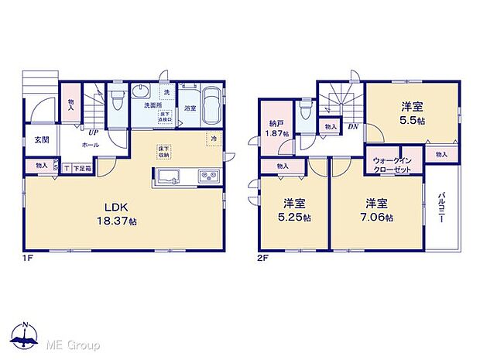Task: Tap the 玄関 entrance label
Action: (41, 140)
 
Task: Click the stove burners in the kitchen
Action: (209, 177)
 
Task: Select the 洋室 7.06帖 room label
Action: (377, 211)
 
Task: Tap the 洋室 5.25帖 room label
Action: (293, 211)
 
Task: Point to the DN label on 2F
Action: (351, 126)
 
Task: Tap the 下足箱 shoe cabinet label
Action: (83, 167)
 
